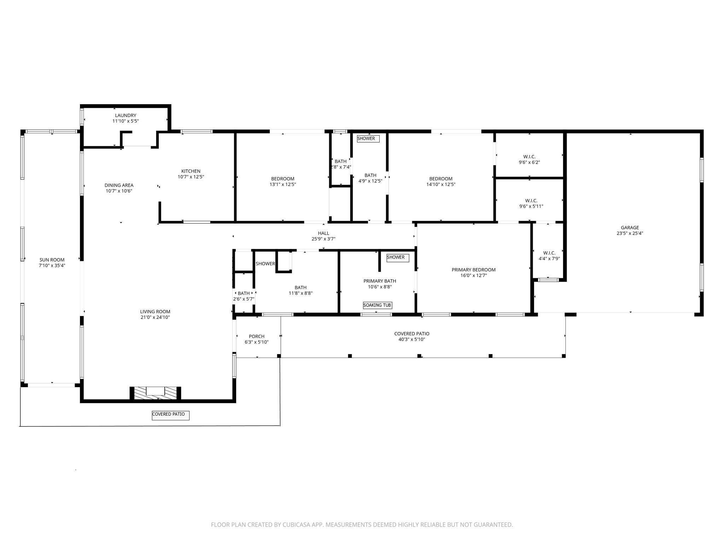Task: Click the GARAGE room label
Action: [x=630, y=228]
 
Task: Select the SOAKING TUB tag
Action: [x=377, y=305]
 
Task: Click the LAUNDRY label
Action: [x=125, y=115]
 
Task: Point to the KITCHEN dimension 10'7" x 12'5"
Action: [x=191, y=177]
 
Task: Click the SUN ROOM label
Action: [x=52, y=260]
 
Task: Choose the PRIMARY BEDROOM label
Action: [x=473, y=270]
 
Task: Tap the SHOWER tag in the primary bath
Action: [x=397, y=257]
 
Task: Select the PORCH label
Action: [x=257, y=336]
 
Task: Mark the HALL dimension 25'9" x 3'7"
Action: [x=323, y=239]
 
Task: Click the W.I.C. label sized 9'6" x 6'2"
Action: [x=529, y=157]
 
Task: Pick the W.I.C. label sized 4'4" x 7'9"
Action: [x=549, y=253]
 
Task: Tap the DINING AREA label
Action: [x=119, y=185]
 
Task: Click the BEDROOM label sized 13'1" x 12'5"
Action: [x=282, y=179]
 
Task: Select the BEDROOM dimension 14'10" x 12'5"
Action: [x=441, y=184]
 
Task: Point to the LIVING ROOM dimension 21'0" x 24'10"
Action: [x=155, y=317]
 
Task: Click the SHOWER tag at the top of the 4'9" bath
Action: [x=368, y=139]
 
